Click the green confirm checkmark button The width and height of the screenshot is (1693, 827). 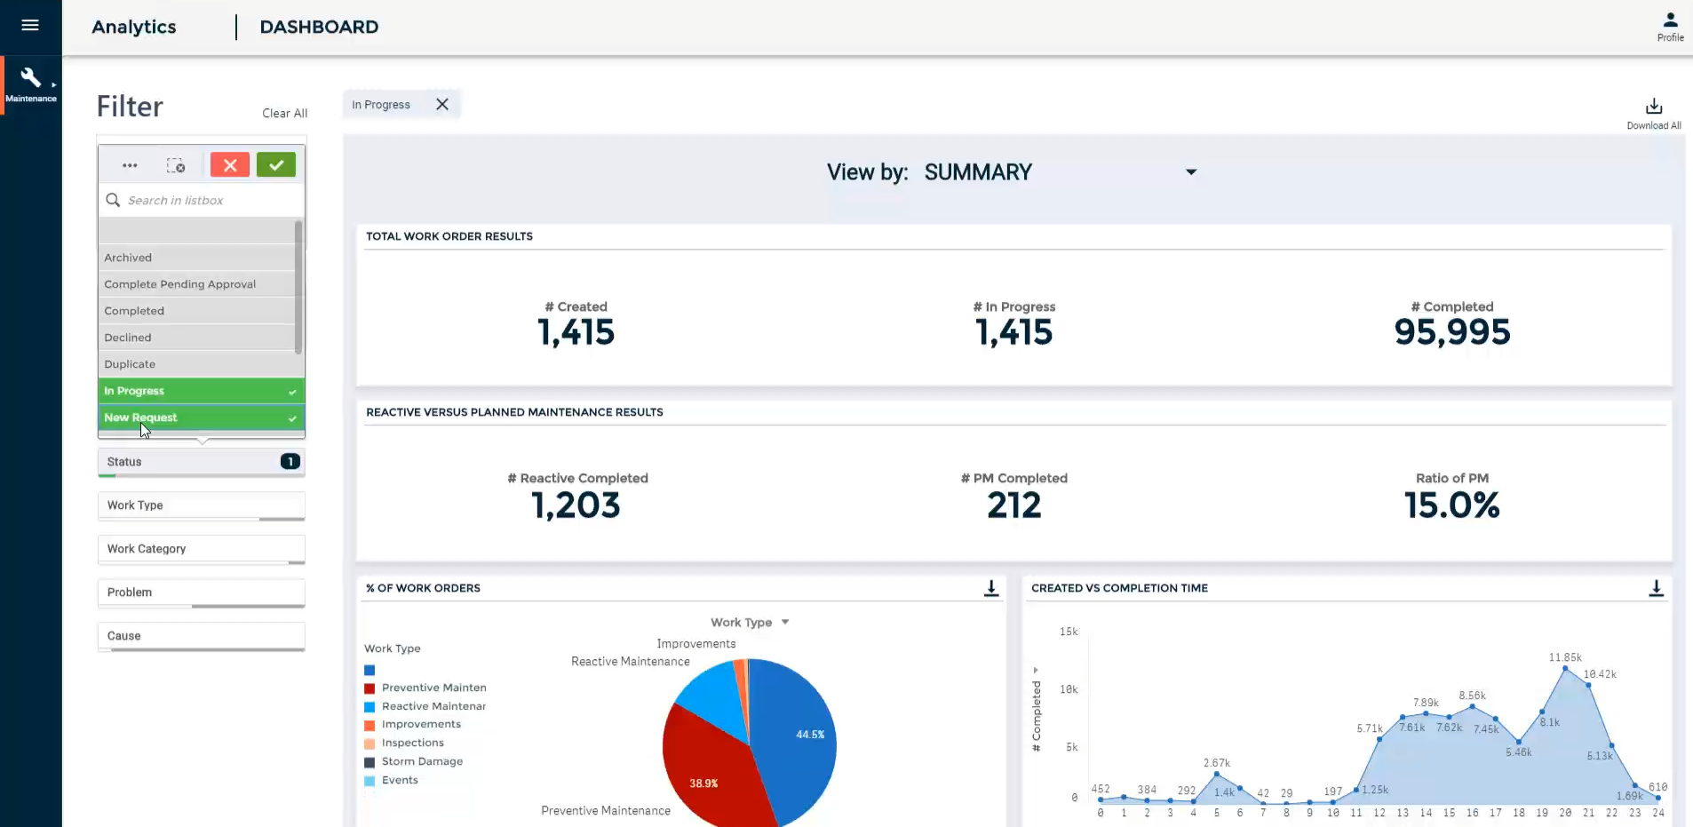tap(276, 164)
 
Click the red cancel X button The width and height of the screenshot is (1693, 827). tap(230, 164)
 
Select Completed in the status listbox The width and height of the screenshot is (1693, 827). tap(134, 311)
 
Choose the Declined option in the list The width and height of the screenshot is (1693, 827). tap(128, 338)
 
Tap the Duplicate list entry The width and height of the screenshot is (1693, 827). tap(130, 364)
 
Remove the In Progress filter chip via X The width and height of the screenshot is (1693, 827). tap(442, 104)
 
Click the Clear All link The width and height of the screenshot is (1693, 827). tap(284, 114)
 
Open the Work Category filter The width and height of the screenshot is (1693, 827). tap(201, 549)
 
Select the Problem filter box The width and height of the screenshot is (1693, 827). tap(201, 592)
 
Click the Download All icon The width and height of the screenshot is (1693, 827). tap(1654, 107)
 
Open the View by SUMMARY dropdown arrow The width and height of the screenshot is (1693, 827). tap(1191, 172)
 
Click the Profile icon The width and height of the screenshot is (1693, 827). tap(1670, 20)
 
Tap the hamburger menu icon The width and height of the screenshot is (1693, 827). tap(30, 25)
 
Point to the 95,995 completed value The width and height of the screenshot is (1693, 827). tap(1452, 332)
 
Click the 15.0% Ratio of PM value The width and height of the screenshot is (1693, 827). tap(1452, 505)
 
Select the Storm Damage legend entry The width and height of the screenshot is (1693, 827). tap(422, 761)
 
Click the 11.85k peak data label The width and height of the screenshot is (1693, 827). tap(1565, 657)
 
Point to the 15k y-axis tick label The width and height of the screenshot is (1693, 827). tap(1069, 632)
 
